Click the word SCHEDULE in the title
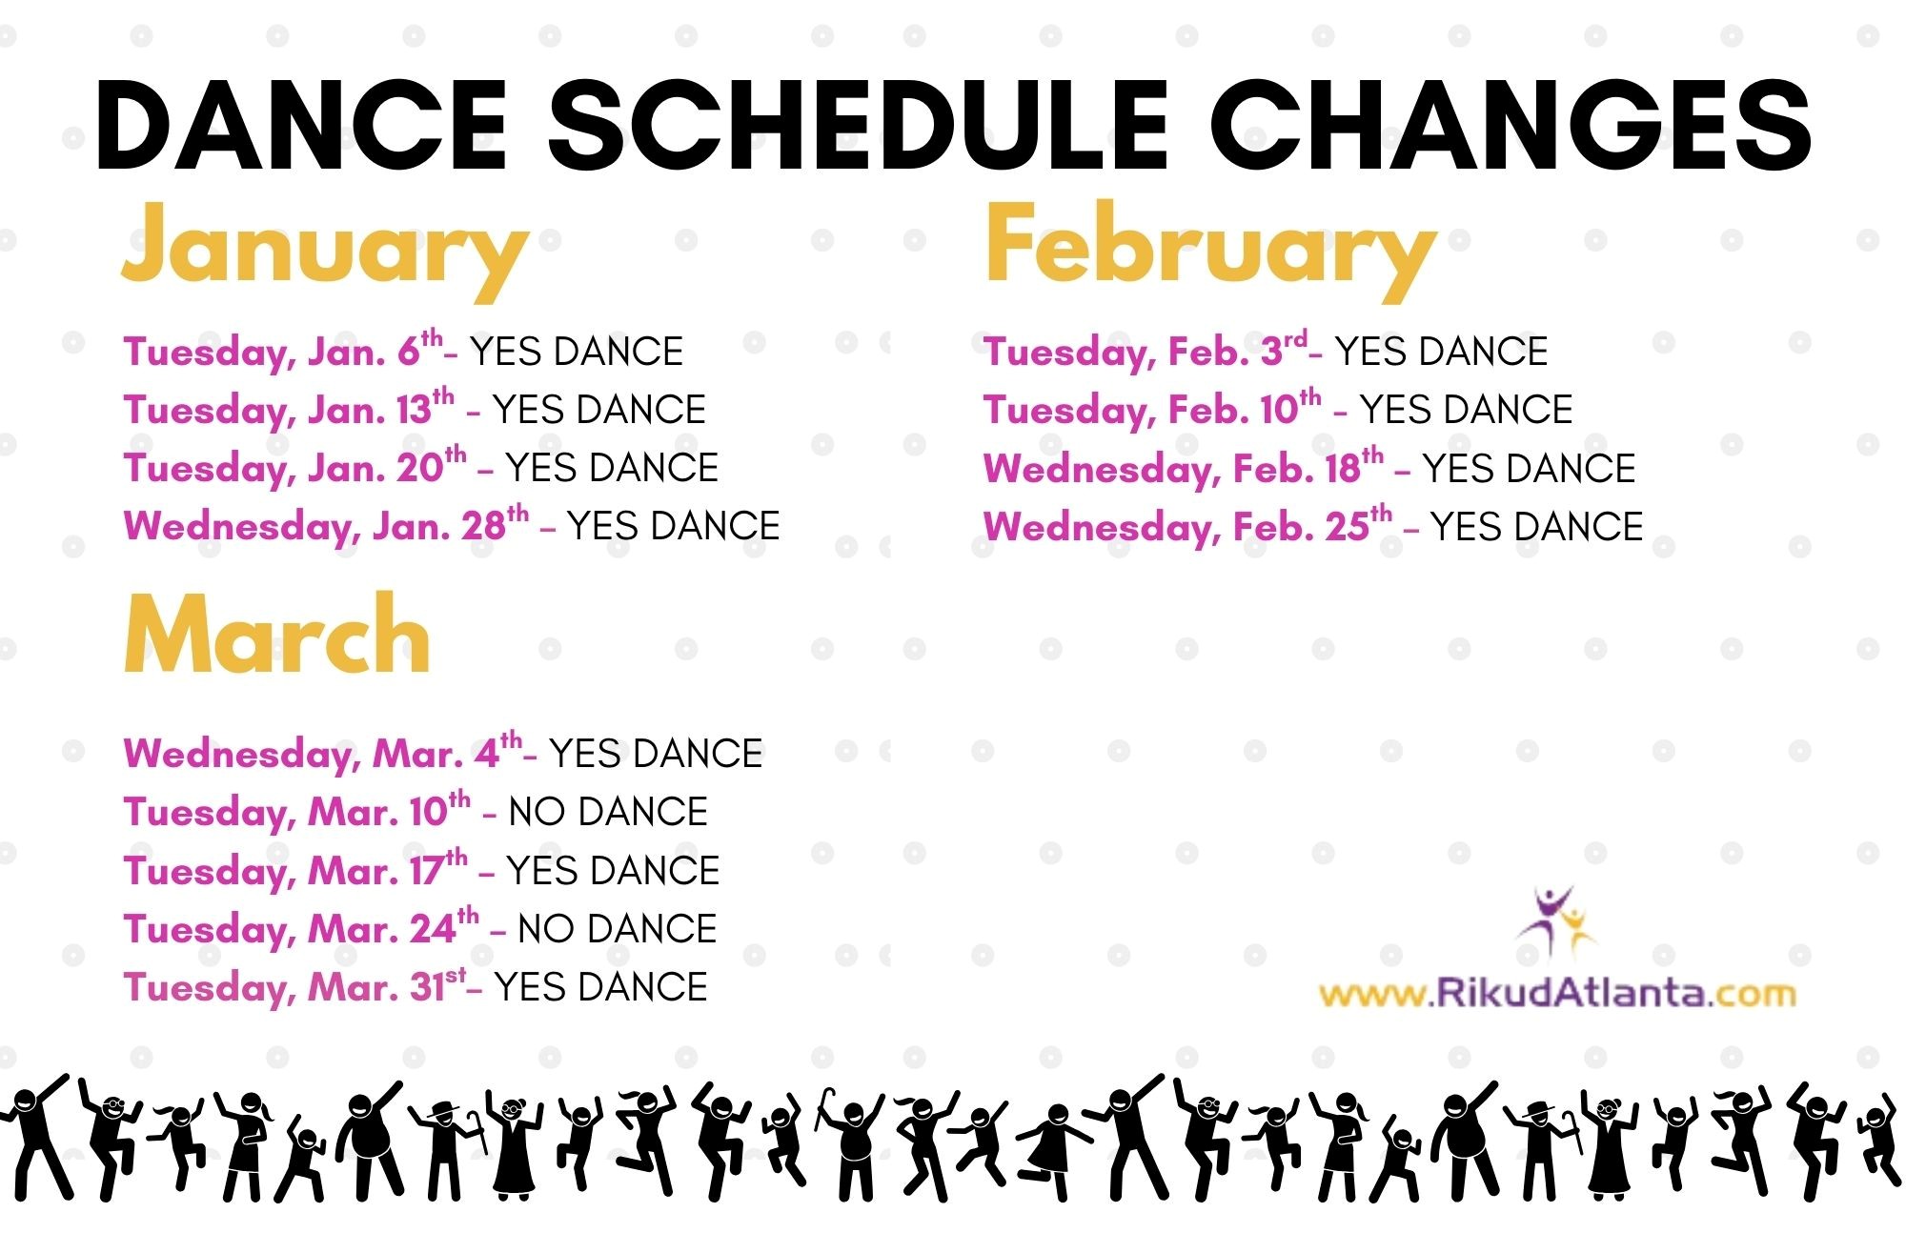tap(858, 126)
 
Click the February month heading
tap(1210, 248)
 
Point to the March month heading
tap(277, 633)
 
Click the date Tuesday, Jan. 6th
tap(283, 351)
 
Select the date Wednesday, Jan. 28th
tap(326, 525)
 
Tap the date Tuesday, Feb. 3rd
tap(1146, 351)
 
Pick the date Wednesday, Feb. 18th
tap(1184, 468)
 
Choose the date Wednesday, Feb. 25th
tap(1187, 526)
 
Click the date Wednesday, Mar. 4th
tap(323, 753)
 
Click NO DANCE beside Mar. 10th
tap(608, 812)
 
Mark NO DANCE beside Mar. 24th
tap(618, 929)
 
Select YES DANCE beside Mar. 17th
tap(613, 871)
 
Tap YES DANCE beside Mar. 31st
tap(601, 987)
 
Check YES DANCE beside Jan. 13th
tap(599, 410)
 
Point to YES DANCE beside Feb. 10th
tap(1467, 410)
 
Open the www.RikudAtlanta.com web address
tap(1557, 994)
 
